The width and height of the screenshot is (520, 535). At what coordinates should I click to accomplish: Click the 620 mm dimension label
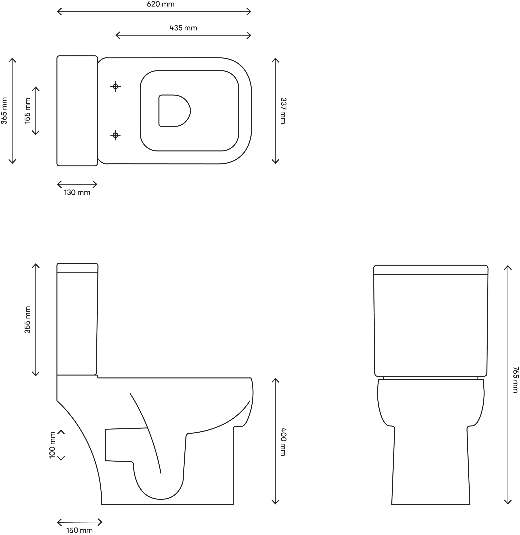161,4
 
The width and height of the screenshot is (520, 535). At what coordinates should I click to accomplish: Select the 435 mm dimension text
183,28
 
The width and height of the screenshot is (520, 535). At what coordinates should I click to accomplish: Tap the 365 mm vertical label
4,111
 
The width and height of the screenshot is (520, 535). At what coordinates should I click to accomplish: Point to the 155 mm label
28,111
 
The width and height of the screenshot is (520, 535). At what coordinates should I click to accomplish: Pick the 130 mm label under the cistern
77,192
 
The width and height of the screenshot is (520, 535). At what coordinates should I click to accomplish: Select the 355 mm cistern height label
28,320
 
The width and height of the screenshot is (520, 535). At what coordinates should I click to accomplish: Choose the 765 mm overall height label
515,380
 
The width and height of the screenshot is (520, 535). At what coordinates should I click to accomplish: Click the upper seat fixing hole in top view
115,87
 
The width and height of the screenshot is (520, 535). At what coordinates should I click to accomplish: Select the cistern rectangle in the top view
77,111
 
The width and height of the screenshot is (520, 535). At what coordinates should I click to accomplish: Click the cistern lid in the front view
431,269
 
